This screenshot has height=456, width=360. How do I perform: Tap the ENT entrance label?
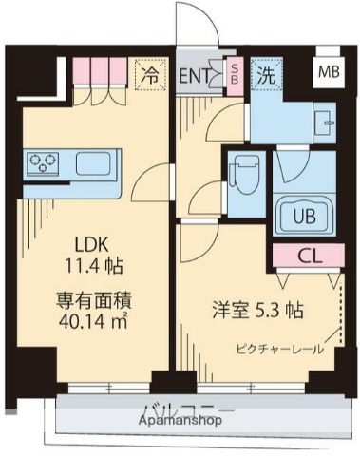click(x=196, y=76)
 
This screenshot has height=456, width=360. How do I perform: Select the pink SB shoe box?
click(x=234, y=74)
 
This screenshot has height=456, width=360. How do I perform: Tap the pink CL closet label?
click(x=307, y=256)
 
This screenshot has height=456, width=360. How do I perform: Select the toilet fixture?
click(x=243, y=177)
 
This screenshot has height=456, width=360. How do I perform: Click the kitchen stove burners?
click(x=44, y=163)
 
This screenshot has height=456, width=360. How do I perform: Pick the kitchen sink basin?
click(x=93, y=162)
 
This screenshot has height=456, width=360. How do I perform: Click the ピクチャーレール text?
click(x=282, y=349)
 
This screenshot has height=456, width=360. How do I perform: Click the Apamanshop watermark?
click(x=180, y=419)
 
